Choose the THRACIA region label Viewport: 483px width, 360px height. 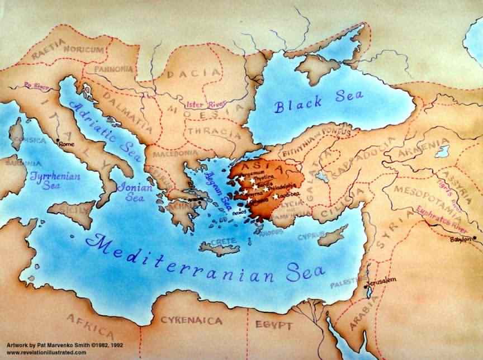click(210, 131)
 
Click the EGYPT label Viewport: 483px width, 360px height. click(274, 325)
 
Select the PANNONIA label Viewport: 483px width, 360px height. click(115, 69)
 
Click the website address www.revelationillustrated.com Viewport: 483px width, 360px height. click(47, 353)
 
